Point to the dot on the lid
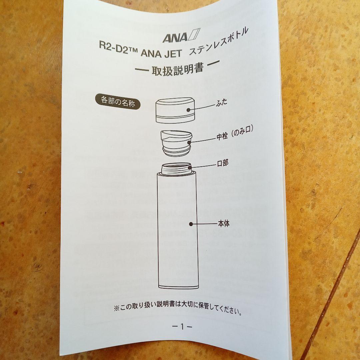[x=189, y=110]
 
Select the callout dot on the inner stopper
[x=189, y=143]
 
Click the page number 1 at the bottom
[x=182, y=327]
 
